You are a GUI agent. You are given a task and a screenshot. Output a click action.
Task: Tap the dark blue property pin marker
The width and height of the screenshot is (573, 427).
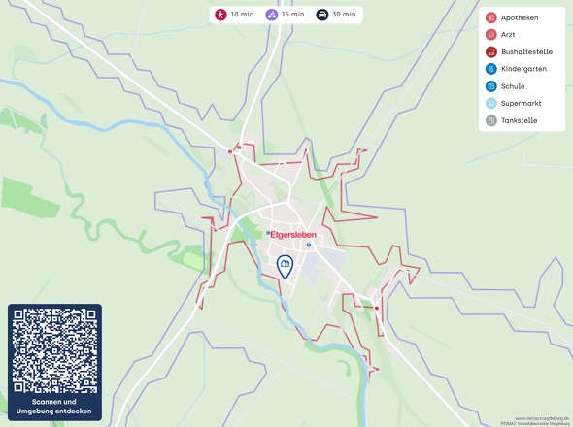[x=286, y=267]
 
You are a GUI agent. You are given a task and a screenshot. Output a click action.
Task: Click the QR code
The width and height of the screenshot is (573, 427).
[x=54, y=350]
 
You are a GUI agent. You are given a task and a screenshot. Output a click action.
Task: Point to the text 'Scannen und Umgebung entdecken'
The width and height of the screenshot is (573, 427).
[x=54, y=407]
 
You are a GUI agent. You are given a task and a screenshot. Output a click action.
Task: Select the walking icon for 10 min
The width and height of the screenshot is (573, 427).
[x=220, y=15]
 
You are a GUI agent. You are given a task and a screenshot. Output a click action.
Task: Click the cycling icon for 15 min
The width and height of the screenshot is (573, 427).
[x=271, y=15]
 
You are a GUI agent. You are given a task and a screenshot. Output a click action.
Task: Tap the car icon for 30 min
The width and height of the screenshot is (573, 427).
[x=321, y=15]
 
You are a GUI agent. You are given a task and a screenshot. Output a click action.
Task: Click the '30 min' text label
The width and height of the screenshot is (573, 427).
[x=344, y=15]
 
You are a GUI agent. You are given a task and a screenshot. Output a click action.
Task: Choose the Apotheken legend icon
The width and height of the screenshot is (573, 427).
[x=490, y=17]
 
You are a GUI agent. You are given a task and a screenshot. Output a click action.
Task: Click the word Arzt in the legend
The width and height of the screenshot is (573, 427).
[x=510, y=35]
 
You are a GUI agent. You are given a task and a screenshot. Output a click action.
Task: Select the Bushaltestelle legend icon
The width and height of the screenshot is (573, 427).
[x=490, y=52]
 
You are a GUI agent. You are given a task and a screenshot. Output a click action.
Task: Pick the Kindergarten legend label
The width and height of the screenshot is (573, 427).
[x=524, y=69]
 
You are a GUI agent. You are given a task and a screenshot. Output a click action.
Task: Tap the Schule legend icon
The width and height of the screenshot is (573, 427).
[x=490, y=86]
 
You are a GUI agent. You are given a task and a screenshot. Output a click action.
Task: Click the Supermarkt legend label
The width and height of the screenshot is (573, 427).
[x=522, y=103]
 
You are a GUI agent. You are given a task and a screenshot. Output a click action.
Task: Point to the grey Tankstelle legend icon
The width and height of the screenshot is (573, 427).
[x=490, y=121]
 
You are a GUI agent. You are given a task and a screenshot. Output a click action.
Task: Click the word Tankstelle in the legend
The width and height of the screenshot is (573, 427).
[x=520, y=121]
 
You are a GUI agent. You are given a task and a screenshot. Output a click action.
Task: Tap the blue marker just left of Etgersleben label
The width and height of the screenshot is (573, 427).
[x=269, y=233]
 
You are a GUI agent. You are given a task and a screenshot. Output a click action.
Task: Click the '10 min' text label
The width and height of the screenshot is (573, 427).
[x=242, y=15]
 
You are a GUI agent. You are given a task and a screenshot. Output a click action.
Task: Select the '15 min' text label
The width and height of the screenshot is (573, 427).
[x=292, y=15]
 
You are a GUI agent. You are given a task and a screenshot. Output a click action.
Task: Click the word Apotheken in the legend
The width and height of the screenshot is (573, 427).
[x=521, y=17]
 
